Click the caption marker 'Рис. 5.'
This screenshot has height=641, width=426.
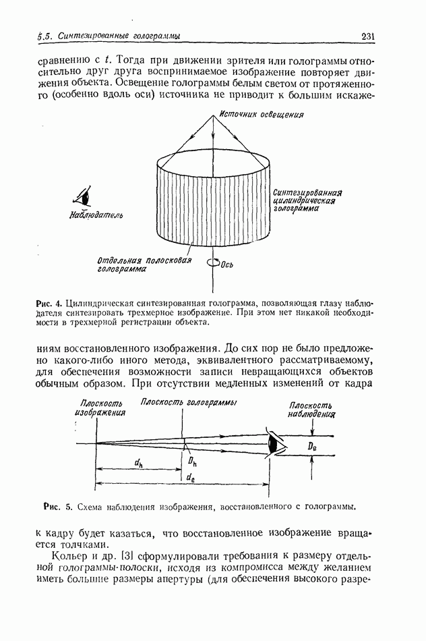pyautogui.click(x=57, y=505)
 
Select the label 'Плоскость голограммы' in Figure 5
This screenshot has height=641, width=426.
pyautogui.click(x=188, y=403)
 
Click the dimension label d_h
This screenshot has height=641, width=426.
pyautogui.click(x=138, y=463)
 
